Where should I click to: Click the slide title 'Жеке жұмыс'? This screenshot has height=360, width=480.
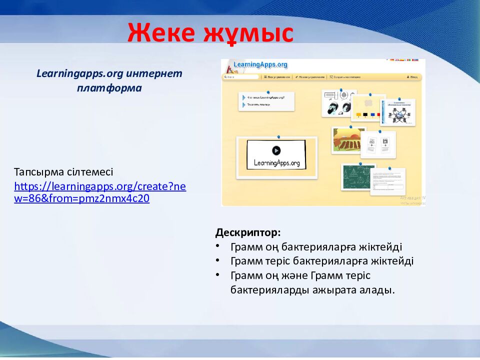[x=210, y=33]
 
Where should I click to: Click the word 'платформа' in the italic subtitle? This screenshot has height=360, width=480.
[x=109, y=88]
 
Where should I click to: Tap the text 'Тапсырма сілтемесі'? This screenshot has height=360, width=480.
[x=63, y=172]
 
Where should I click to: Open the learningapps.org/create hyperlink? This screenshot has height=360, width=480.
[x=100, y=192]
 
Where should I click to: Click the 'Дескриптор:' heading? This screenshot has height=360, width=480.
[x=248, y=232]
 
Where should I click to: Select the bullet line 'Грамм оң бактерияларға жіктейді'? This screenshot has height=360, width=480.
[x=316, y=247]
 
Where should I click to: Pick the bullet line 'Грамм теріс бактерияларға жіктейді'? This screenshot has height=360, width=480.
[x=322, y=261]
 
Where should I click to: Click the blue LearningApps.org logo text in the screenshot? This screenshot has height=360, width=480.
[x=260, y=64]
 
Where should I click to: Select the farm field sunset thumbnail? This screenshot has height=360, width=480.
[x=348, y=140]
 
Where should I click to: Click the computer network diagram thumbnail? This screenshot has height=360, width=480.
[x=398, y=112]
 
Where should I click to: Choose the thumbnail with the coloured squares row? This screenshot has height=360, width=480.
[x=368, y=108]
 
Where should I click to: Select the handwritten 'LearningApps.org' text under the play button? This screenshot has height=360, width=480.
[x=276, y=163]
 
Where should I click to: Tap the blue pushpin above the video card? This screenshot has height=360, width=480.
[x=278, y=136]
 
